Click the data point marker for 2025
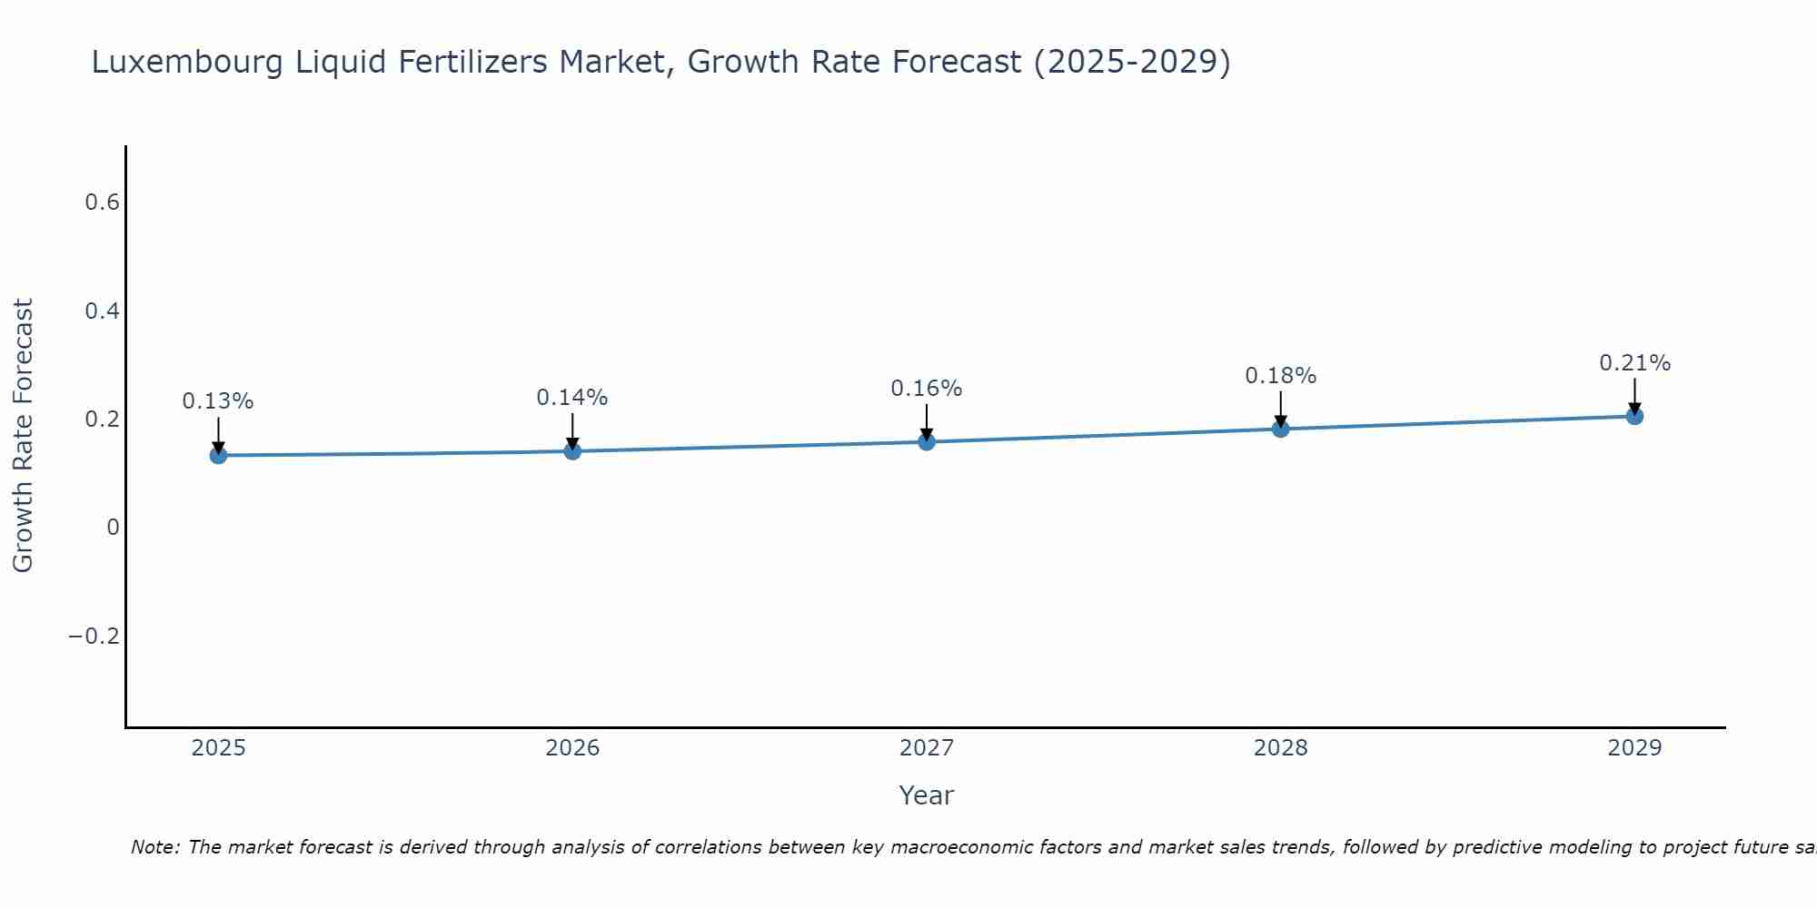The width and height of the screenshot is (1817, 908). pyautogui.click(x=218, y=455)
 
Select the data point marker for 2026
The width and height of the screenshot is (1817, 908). pyautogui.click(x=572, y=450)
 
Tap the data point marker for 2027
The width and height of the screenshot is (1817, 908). pyautogui.click(x=927, y=441)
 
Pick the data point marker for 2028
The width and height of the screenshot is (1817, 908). pyautogui.click(x=1280, y=429)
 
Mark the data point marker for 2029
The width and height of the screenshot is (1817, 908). pyautogui.click(x=1634, y=416)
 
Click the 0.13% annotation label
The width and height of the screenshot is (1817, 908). pyautogui.click(x=218, y=401)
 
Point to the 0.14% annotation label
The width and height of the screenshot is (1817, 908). pyautogui.click(x=572, y=398)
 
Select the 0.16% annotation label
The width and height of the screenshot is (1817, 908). pyautogui.click(x=927, y=389)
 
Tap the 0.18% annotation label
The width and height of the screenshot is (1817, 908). pyautogui.click(x=1280, y=376)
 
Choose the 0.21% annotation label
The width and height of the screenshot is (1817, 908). pyautogui.click(x=1634, y=363)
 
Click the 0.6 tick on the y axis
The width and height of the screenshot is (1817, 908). pyautogui.click(x=102, y=202)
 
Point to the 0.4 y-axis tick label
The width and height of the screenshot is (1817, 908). pyautogui.click(x=102, y=311)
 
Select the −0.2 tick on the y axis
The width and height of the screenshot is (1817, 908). pyautogui.click(x=94, y=637)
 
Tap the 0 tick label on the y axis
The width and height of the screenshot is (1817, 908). pyautogui.click(x=113, y=528)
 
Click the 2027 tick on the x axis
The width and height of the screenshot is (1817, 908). pyautogui.click(x=927, y=748)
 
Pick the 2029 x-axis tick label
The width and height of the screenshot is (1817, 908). pyautogui.click(x=1634, y=748)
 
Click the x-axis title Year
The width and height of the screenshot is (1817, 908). pyautogui.click(x=927, y=795)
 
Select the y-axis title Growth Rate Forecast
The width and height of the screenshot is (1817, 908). pyautogui.click(x=24, y=436)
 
